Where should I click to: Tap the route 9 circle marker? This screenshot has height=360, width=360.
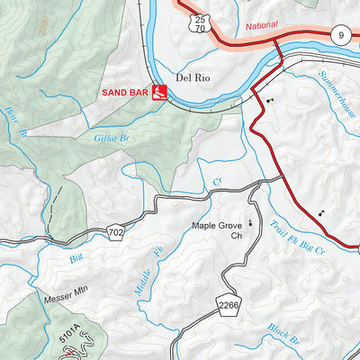point(339,35)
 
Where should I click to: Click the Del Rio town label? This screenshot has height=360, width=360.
point(192,77)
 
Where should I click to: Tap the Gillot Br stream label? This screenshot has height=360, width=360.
point(112,138)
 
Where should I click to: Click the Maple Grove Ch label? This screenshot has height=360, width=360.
point(218,231)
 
